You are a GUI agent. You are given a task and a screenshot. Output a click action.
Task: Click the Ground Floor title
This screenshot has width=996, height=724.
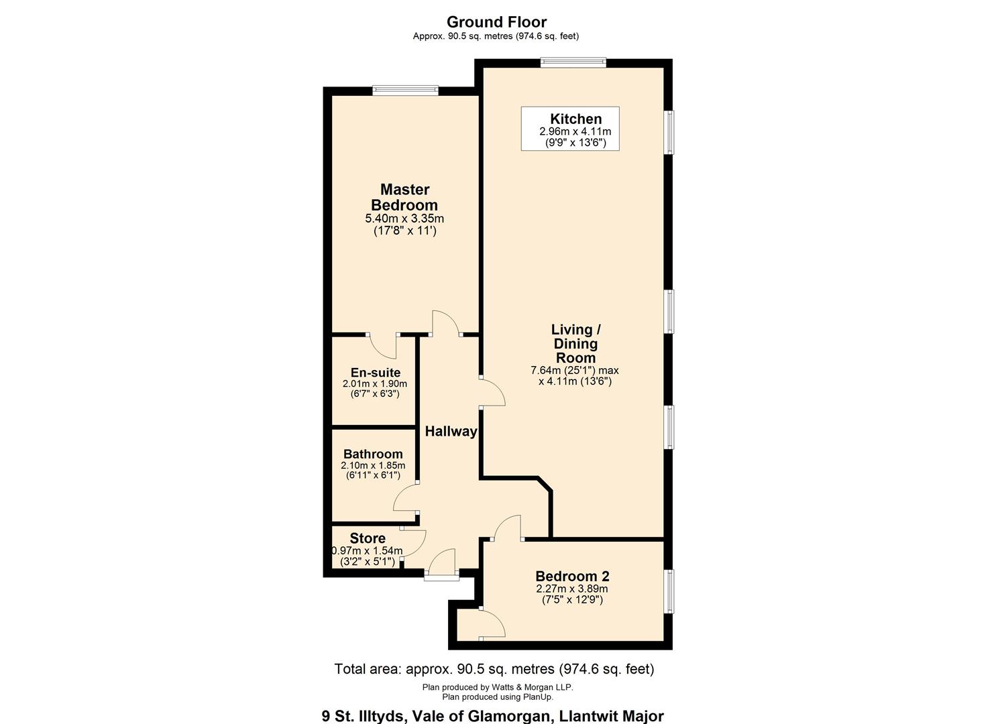[x=496, y=22]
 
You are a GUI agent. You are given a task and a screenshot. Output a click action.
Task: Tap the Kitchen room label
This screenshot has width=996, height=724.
[x=575, y=119]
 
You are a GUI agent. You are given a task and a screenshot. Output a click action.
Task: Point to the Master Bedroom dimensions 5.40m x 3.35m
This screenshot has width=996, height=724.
[x=404, y=219]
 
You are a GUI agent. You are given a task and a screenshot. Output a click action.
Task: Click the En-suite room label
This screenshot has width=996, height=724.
[x=375, y=373]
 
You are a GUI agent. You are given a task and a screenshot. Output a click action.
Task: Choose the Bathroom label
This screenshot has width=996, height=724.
[x=373, y=454]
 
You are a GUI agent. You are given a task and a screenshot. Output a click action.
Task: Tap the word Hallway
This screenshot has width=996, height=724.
[x=451, y=431]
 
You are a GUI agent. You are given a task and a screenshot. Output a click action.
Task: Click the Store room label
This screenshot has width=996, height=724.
[x=368, y=538]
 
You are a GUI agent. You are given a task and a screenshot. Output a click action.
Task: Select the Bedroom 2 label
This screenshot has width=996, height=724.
[x=572, y=576]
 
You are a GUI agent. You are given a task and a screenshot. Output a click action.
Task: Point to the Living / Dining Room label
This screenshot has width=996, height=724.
[x=575, y=343]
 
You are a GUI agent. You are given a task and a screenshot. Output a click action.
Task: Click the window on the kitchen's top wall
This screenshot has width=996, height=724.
[x=573, y=63]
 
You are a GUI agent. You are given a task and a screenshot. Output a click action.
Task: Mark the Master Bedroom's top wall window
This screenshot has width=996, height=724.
[x=405, y=90]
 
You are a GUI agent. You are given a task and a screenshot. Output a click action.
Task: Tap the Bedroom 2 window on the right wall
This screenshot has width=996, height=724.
[x=669, y=591]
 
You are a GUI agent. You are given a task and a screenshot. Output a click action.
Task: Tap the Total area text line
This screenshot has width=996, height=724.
[x=494, y=669]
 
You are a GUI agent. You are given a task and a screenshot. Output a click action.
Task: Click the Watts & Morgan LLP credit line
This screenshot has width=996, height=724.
[x=497, y=687]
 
